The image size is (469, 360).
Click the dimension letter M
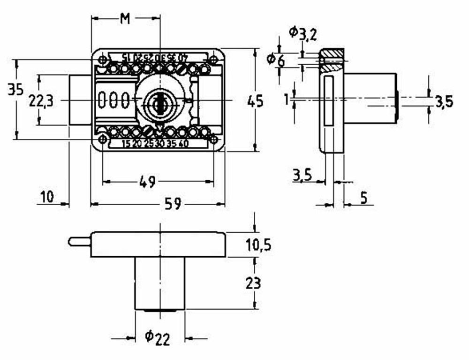click(125, 18)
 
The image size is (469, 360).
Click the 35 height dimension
click(15, 89)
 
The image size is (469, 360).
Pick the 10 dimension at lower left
click(47, 197)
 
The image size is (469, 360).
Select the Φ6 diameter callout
click(276, 60)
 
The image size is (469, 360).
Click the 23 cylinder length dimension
click(254, 283)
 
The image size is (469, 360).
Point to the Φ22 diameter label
click(157, 337)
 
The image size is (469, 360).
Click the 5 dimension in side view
click(363, 198)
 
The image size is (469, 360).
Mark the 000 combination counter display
click(113, 100)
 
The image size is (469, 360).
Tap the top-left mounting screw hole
click(102, 60)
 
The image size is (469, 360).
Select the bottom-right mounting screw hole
click(213, 139)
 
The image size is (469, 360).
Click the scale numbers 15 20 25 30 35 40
click(155, 144)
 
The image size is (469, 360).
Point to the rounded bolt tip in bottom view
click(72, 241)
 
